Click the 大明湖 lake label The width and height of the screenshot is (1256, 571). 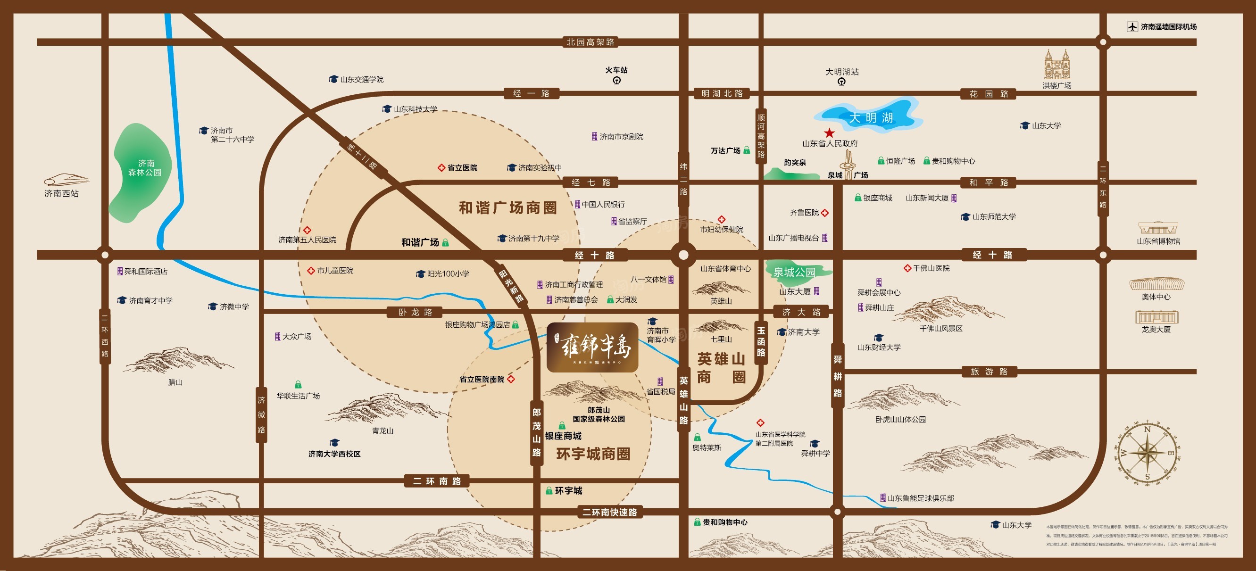click(x=871, y=117)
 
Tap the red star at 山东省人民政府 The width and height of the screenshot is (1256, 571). click(x=829, y=132)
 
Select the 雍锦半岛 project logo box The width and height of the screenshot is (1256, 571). click(x=592, y=347)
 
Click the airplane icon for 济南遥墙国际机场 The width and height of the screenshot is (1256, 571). click(x=1132, y=27)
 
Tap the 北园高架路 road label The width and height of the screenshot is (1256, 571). click(x=591, y=42)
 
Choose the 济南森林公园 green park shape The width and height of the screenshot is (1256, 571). click(x=142, y=171)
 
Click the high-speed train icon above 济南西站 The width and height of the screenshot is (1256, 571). click(x=67, y=180)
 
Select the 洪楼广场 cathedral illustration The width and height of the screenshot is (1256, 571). click(x=1057, y=65)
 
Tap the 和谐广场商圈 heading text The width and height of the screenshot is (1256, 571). click(x=507, y=208)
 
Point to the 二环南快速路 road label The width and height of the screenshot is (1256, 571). click(x=609, y=512)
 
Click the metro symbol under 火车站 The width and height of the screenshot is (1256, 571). click(x=617, y=81)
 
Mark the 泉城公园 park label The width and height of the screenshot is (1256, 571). click(x=794, y=272)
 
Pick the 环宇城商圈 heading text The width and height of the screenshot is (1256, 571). click(x=593, y=454)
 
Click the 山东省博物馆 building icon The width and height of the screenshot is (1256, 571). click(x=1158, y=228)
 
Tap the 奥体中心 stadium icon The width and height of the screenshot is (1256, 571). click(x=1156, y=284)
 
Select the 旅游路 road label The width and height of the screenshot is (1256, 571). click(x=989, y=372)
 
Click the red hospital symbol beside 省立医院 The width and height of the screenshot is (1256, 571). click(x=441, y=168)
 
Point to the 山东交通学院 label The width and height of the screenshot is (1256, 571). click(x=361, y=80)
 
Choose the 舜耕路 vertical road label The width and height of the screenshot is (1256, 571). click(x=838, y=376)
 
